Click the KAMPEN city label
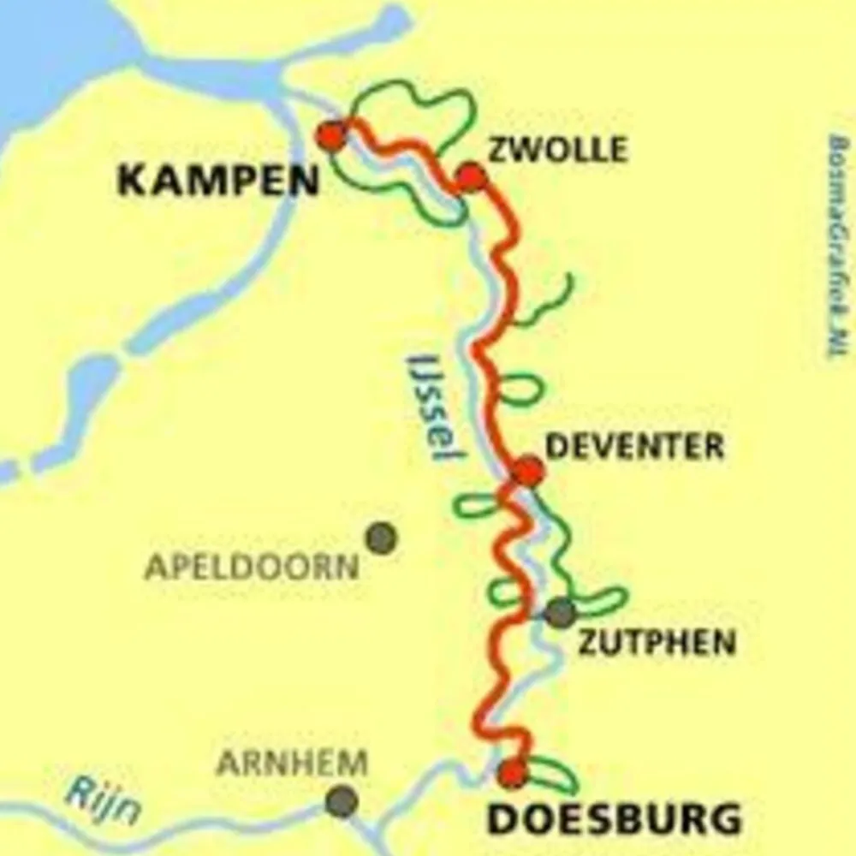click(x=217, y=181)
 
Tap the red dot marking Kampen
click(x=331, y=135)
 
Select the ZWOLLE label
click(x=557, y=151)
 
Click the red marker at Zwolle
click(x=471, y=177)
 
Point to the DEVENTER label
click(x=634, y=446)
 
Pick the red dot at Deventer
click(x=528, y=471)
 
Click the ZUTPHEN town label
click(x=657, y=643)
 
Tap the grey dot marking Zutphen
click(x=561, y=612)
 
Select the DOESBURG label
click(x=614, y=819)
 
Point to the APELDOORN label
click(x=252, y=567)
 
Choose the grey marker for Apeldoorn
click(x=381, y=538)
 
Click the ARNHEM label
click(x=292, y=762)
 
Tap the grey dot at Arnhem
click(x=342, y=801)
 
